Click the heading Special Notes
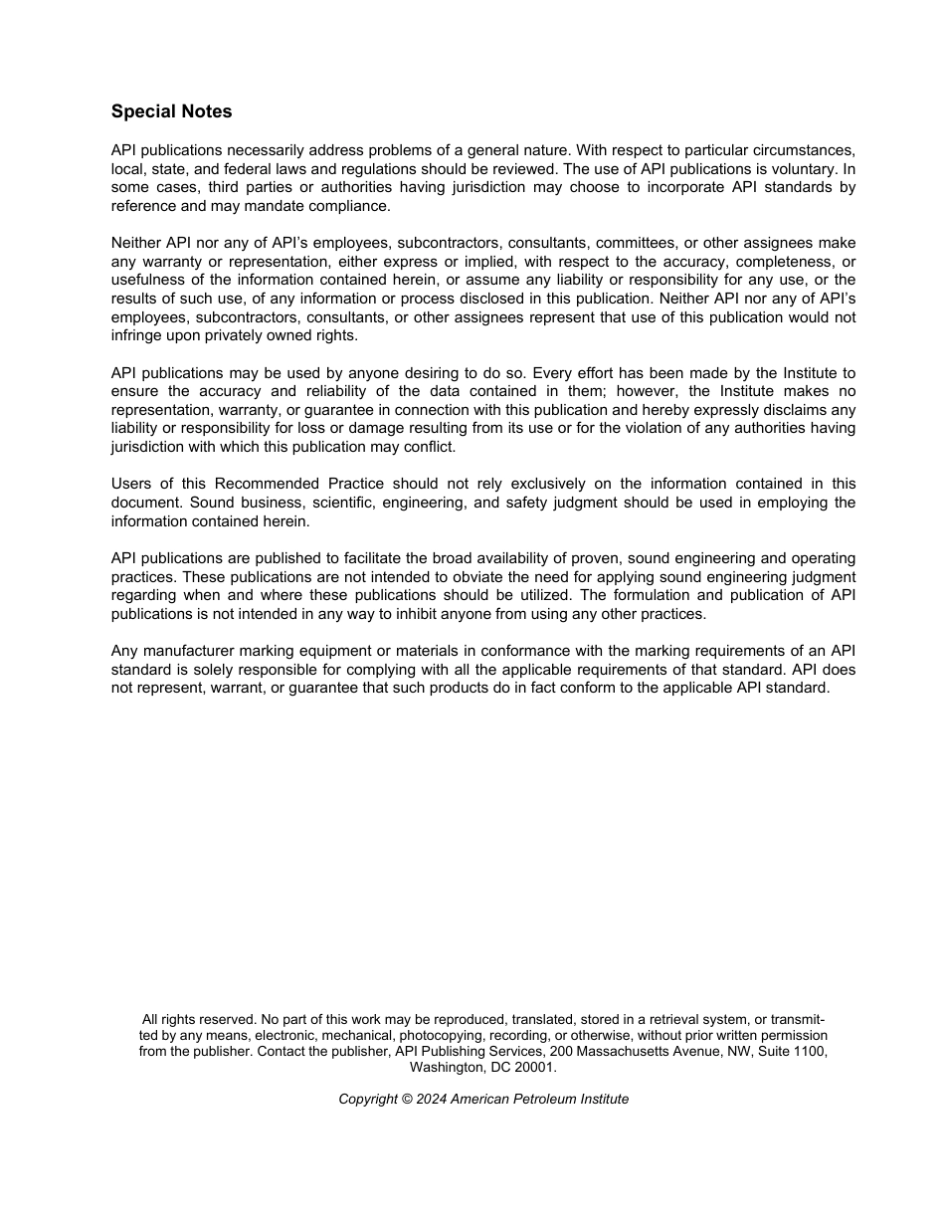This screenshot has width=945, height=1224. pyautogui.click(x=171, y=111)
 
